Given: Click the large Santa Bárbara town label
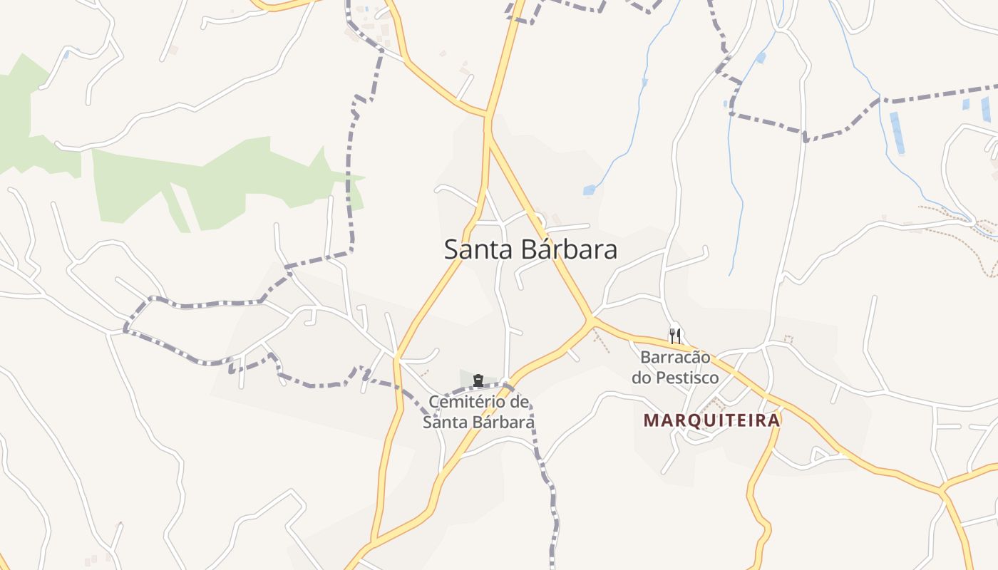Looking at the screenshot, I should pyautogui.click(x=530, y=250).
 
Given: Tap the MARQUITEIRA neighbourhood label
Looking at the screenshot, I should pyautogui.click(x=711, y=420).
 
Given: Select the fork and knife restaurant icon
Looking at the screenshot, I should pyautogui.click(x=675, y=335).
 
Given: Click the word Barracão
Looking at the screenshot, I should pyautogui.click(x=675, y=357).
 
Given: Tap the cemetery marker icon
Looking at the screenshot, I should pyautogui.click(x=478, y=380).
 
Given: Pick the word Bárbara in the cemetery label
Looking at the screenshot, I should pyautogui.click(x=500, y=422).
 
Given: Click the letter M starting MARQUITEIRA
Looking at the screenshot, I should pyautogui.click(x=650, y=420).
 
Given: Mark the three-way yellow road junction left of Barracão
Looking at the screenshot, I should pyautogui.click(x=592, y=320).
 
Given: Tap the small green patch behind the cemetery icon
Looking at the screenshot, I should pyautogui.click(x=467, y=378).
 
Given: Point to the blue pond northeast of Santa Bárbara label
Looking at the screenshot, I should pyautogui.click(x=589, y=190).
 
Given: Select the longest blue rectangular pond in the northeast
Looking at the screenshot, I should pyautogui.click(x=897, y=133).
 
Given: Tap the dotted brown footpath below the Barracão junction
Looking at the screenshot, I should pyautogui.click(x=603, y=342).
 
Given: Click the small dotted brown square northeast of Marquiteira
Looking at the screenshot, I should pyautogui.click(x=788, y=339).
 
